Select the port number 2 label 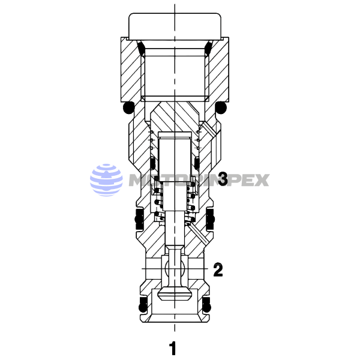point(218,270)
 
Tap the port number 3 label point(222,179)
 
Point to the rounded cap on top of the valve point(174,26)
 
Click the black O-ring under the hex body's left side point(127,108)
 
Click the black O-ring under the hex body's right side point(221,108)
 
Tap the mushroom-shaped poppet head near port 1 point(174,294)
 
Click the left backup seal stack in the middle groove point(139,220)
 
